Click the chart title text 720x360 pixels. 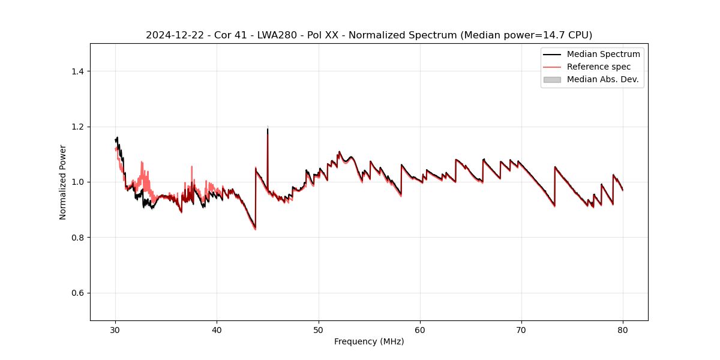(369, 35)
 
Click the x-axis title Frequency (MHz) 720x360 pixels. (369, 341)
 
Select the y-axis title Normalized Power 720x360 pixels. (62, 182)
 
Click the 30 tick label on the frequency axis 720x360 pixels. (116, 329)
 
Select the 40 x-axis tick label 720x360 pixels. (217, 329)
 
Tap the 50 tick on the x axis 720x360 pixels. (319, 329)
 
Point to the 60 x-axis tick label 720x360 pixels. (420, 329)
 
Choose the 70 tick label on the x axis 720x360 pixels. (521, 329)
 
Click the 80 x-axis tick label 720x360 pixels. (623, 329)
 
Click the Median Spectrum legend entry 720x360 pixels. (603, 54)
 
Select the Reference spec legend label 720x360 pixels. (599, 67)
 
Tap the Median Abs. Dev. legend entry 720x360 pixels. (603, 79)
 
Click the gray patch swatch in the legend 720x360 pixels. (552, 79)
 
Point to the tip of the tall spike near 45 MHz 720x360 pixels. (268, 128)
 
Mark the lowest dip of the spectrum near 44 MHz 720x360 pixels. (255, 229)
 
